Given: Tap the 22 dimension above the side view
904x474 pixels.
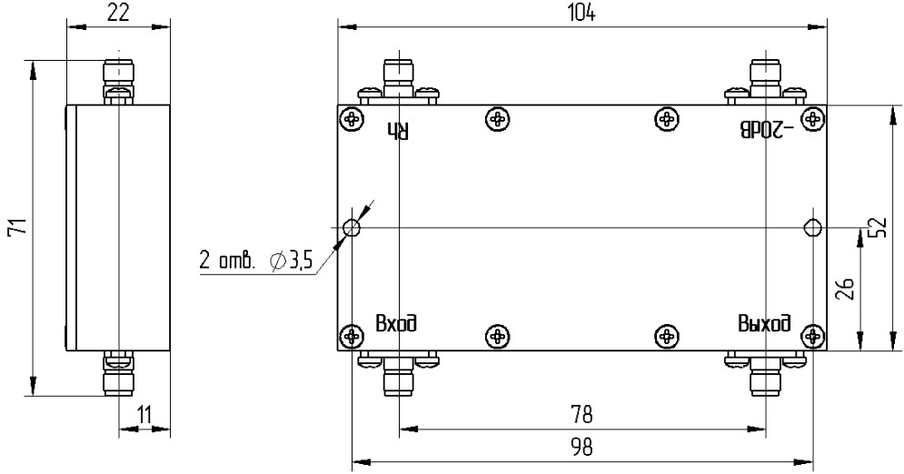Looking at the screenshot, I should (117, 13).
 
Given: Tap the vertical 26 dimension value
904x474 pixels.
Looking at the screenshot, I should (845, 289).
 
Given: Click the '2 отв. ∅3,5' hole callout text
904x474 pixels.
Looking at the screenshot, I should (256, 263).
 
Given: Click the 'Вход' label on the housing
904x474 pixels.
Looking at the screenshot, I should (397, 324).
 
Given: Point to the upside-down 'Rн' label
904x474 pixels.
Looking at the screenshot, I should (399, 131).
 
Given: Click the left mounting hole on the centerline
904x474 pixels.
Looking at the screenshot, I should (353, 227).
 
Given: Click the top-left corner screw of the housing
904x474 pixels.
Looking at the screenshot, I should (353, 118).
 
